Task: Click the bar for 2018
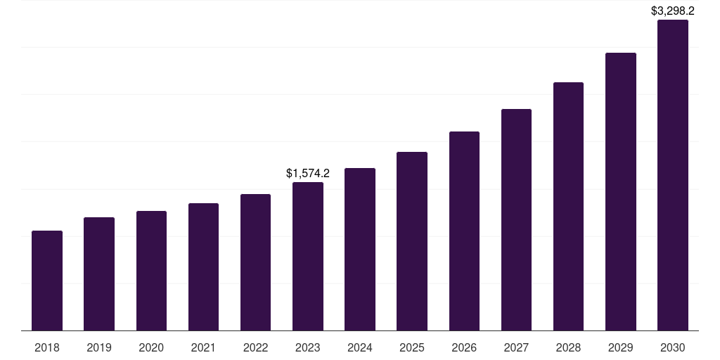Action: (47, 281)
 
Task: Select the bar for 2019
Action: (99, 274)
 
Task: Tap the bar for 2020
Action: (151, 271)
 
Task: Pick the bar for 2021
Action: (203, 267)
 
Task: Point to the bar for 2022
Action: (255, 262)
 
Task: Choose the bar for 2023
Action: (308, 257)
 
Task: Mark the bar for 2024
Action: (360, 250)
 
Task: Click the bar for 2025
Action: (412, 241)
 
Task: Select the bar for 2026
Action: (464, 231)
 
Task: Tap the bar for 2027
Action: (516, 220)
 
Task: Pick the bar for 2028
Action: (568, 207)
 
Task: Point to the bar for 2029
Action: (621, 192)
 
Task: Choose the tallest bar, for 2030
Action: (673, 175)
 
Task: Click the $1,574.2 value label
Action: (308, 173)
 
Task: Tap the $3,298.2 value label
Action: (673, 11)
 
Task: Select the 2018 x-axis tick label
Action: (47, 347)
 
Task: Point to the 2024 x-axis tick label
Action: (360, 347)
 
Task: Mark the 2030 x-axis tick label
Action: (673, 347)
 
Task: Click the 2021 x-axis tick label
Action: (203, 347)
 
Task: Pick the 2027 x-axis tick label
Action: (516, 347)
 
